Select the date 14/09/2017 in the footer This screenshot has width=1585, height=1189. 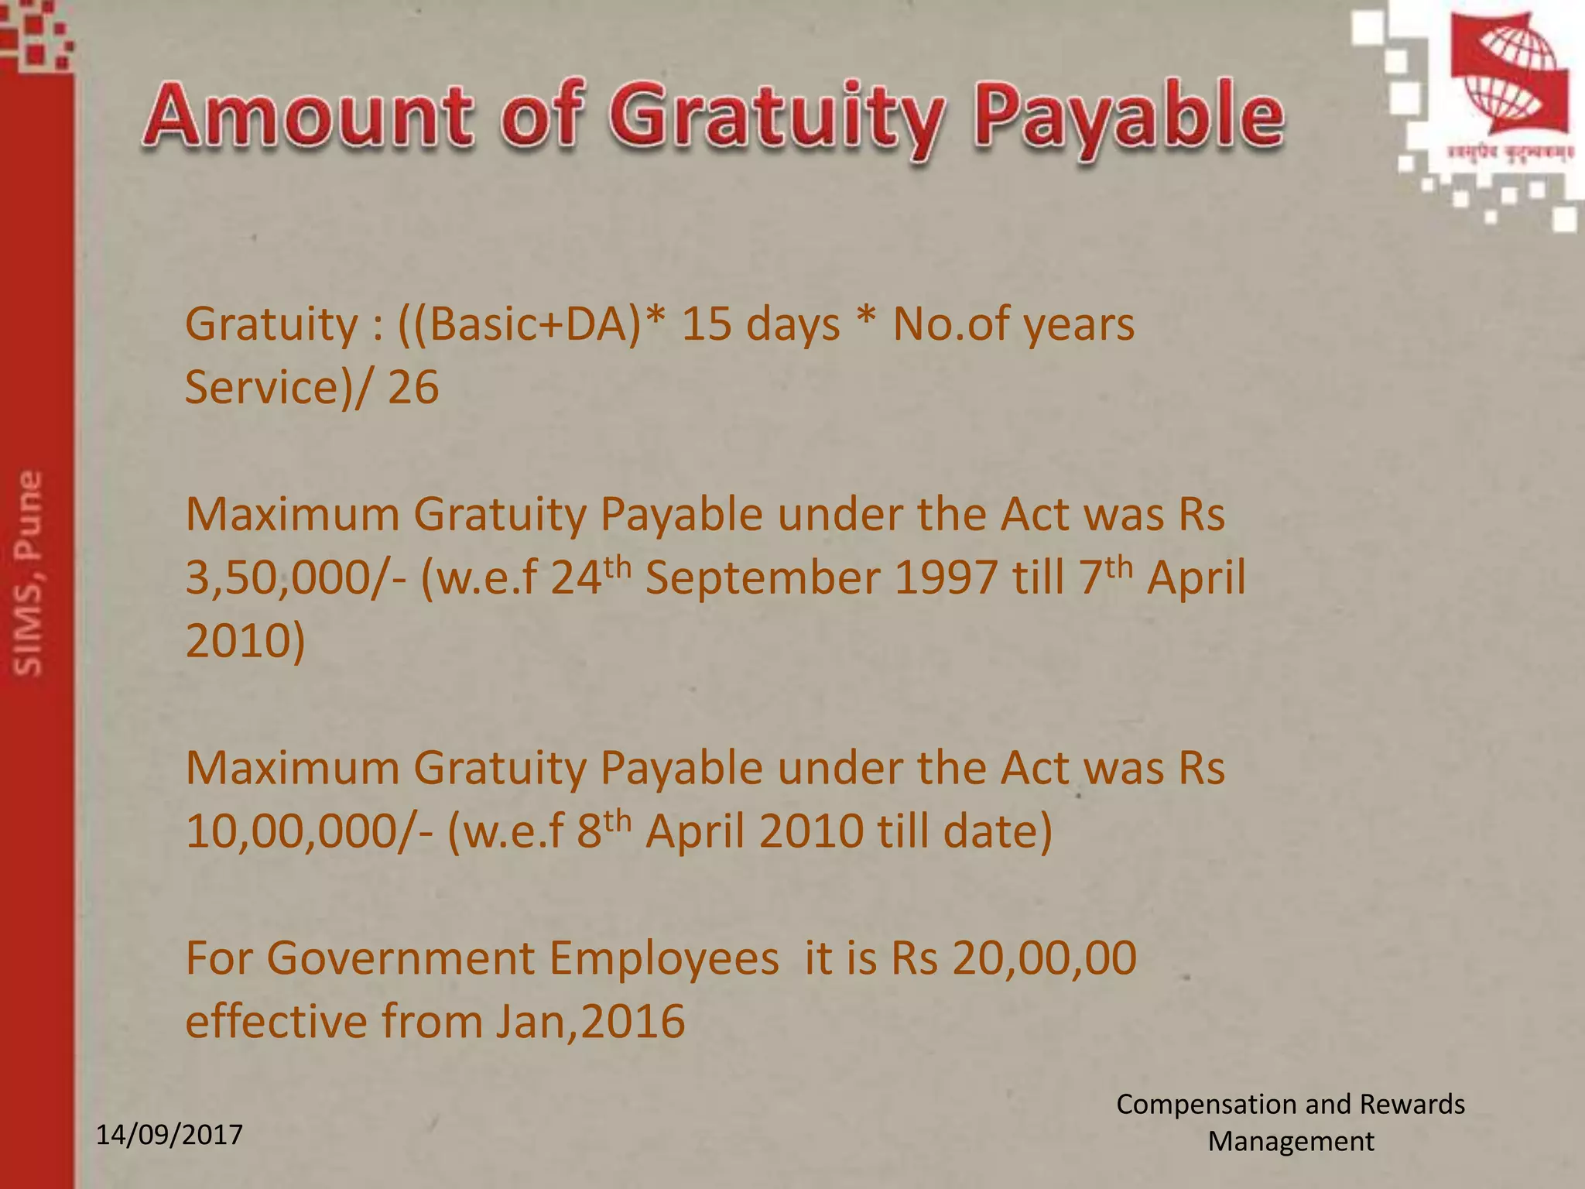[169, 1135]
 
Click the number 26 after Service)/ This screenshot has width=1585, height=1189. [413, 387]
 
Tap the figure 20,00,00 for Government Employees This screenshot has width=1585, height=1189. [1045, 958]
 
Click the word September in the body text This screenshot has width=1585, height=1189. [762, 579]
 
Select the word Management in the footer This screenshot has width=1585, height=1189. [1291, 1142]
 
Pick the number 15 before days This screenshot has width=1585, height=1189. [706, 324]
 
